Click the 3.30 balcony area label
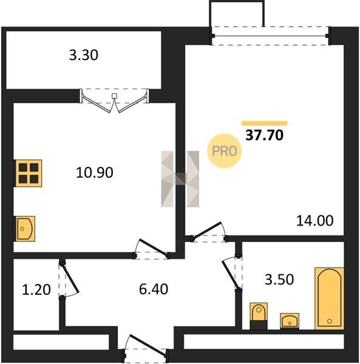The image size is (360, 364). pyautogui.click(x=84, y=55)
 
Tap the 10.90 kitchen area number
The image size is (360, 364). pyautogui.click(x=95, y=172)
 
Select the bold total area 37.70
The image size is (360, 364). pyautogui.click(x=264, y=135)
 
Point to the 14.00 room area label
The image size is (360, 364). pyautogui.click(x=314, y=221)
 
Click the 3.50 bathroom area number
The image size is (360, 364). pyautogui.click(x=279, y=279)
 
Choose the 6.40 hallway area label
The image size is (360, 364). pyautogui.click(x=154, y=289)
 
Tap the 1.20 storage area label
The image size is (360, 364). pyautogui.click(x=36, y=290)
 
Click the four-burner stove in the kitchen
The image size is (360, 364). pyautogui.click(x=29, y=173)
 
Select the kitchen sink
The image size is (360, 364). pyautogui.click(x=25, y=229)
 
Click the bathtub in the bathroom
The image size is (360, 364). pyautogui.click(x=329, y=298)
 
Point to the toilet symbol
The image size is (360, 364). pyautogui.click(x=259, y=315)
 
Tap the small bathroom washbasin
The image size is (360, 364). pyautogui.click(x=290, y=321)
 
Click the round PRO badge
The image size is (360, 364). pyautogui.click(x=225, y=151)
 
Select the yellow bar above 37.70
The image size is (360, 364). pyautogui.click(x=264, y=123)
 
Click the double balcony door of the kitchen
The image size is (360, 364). pyautogui.click(x=114, y=101)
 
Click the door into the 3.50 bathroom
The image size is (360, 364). pyautogui.click(x=231, y=273)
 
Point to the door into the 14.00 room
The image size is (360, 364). pyautogui.click(x=207, y=231)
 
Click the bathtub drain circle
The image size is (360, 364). pyautogui.click(x=329, y=321)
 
